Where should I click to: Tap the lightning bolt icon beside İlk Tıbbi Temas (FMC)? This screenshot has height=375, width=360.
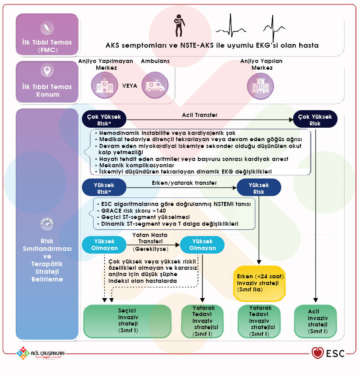[x=47, y=28]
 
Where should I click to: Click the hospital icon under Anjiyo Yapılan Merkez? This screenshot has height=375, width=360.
[x=260, y=85]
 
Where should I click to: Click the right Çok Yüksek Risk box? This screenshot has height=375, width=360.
[x=315, y=119]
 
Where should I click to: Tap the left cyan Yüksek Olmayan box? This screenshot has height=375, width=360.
[x=103, y=245]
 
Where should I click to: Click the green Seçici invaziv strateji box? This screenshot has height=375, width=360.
[x=127, y=321]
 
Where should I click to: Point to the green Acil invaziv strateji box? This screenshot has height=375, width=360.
[x=315, y=321]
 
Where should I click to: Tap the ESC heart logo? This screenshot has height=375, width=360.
[x=318, y=353]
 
